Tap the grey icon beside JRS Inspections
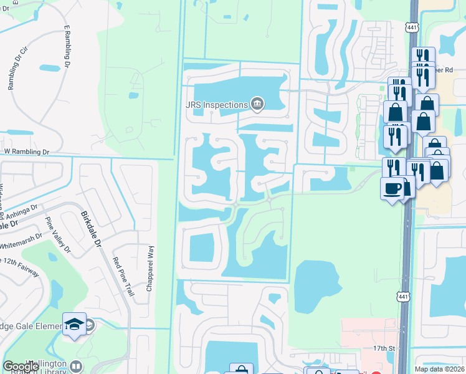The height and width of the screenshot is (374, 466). point(257,103)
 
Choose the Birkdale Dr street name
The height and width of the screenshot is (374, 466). point(91,228)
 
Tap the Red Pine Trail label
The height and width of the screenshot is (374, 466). point(123,276)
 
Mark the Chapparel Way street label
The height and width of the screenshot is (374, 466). point(151,269)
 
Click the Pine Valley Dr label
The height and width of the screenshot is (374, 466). point(58,236)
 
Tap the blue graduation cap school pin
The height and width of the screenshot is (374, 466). point(74,324)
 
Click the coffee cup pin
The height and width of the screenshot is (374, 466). point(392,188)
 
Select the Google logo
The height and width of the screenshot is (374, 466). point(21,367)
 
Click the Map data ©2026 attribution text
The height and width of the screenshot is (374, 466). point(439,369)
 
